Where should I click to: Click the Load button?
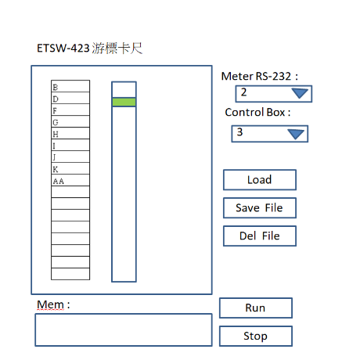[x=260, y=180]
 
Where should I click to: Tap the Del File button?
[x=260, y=236]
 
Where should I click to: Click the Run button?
[x=256, y=308]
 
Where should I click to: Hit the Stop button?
[x=256, y=336]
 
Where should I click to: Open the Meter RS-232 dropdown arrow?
[x=300, y=93]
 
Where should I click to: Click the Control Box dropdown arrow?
[x=296, y=134]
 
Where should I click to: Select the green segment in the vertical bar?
[x=124, y=102]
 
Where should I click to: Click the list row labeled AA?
[x=70, y=180]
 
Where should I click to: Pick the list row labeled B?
[x=70, y=86]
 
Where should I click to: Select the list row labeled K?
[x=70, y=168]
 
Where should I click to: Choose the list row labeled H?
[x=70, y=133]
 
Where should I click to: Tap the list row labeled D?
[x=70, y=98]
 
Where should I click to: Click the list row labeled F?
[x=70, y=110]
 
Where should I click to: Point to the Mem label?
[x=53, y=304]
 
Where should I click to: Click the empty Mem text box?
[x=124, y=330]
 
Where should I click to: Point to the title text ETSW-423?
[x=63, y=49]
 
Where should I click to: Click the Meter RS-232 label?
[x=259, y=76]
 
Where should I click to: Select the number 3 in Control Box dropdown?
[x=239, y=132]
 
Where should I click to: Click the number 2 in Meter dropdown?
[x=243, y=92]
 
